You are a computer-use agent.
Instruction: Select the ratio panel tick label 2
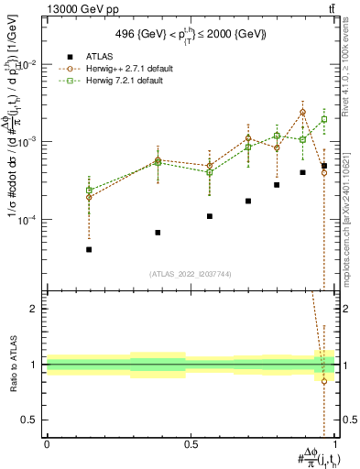tap(35, 309)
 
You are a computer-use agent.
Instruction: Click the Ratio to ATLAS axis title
tap(12, 365)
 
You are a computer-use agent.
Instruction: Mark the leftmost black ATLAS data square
tap(89, 249)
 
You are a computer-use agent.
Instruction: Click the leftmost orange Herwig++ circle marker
tap(89, 197)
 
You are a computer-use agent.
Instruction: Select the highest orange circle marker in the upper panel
tap(302, 112)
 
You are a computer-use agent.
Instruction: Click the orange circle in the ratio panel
tap(324, 381)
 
